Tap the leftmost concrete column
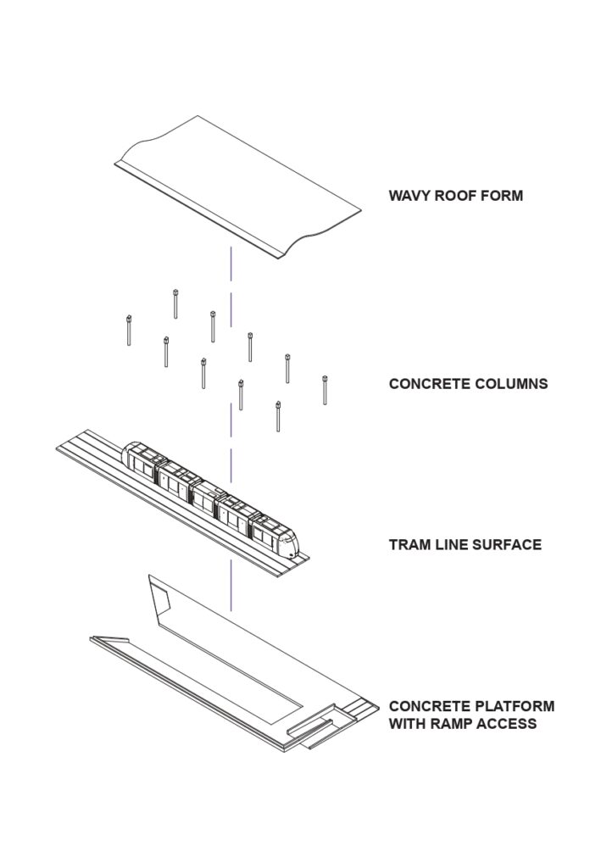pos(129,330)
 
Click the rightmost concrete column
pos(325,390)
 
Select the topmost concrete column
pos(175,304)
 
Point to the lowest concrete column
pos(278,416)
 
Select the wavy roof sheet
pos(238,186)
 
